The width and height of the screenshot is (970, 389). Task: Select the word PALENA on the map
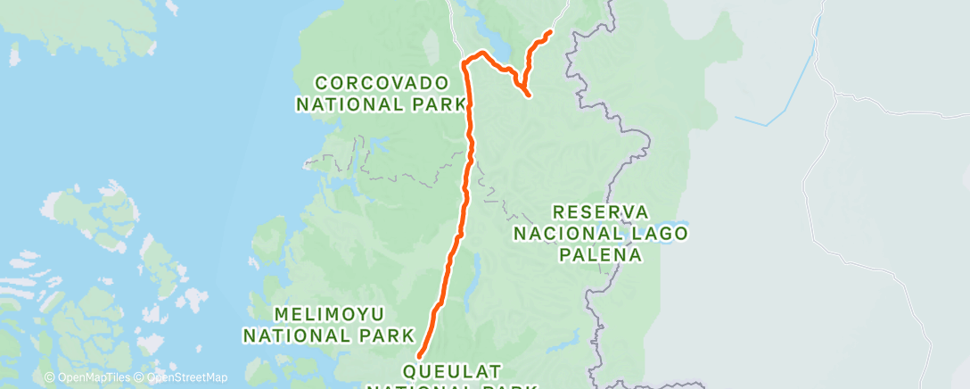(600, 254)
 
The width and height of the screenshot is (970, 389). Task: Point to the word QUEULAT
(453, 369)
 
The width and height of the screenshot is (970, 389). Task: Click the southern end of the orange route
(419, 357)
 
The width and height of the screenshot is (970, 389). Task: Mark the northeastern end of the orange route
(549, 32)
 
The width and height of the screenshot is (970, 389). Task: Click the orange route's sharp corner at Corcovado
(464, 62)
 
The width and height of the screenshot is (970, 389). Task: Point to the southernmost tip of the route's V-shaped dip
(530, 95)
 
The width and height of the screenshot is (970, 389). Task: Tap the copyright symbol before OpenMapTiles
(49, 377)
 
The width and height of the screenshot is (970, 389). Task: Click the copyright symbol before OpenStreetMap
(136, 377)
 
